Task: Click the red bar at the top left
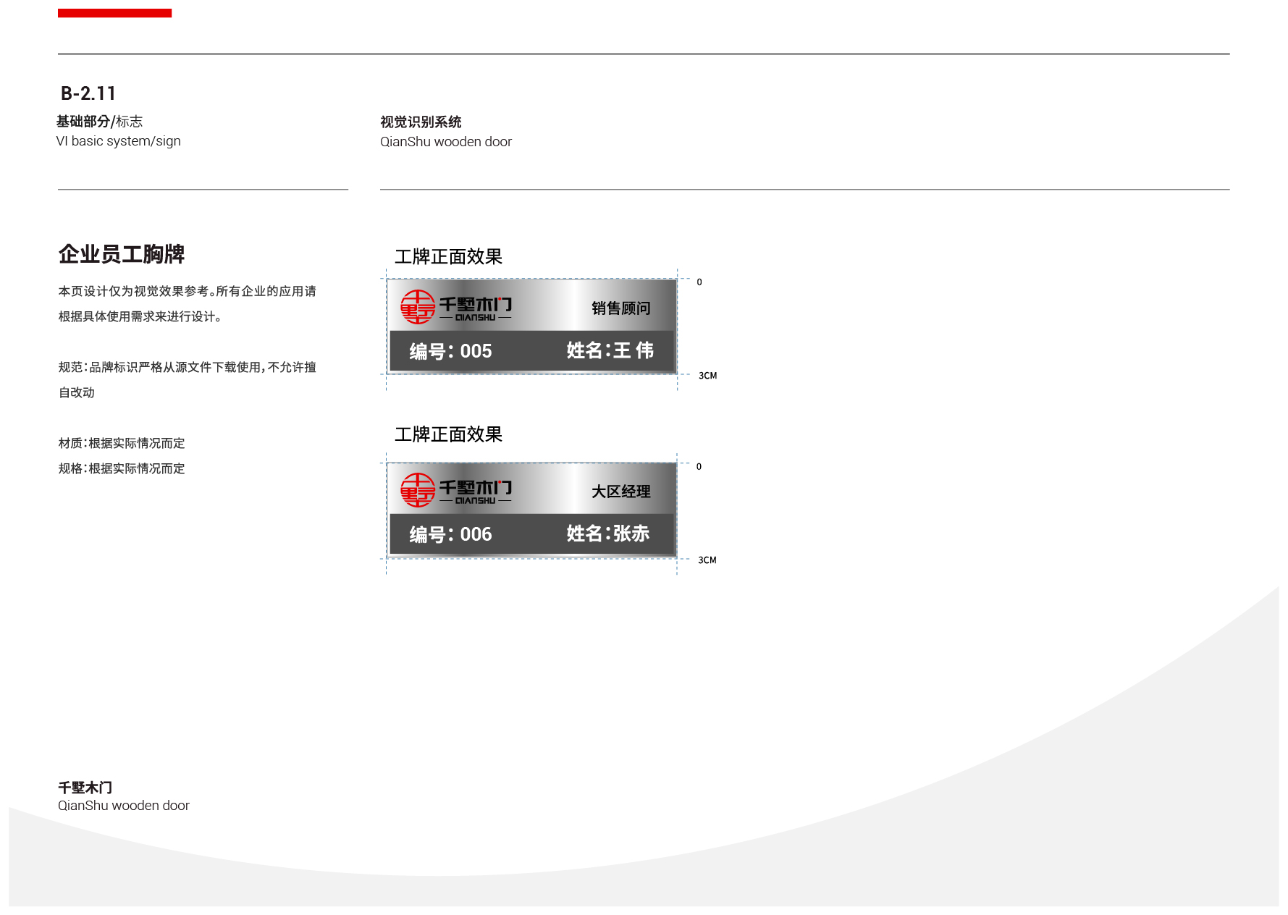pyautogui.click(x=114, y=13)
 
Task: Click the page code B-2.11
pyautogui.click(x=88, y=93)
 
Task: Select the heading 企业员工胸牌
pyautogui.click(x=122, y=254)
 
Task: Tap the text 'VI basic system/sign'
pyautogui.click(x=119, y=141)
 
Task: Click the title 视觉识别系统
pyautogui.click(x=421, y=122)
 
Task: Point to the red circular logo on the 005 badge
pyautogui.click(x=418, y=307)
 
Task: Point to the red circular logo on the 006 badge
pyautogui.click(x=418, y=490)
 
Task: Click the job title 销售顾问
pyautogui.click(x=620, y=308)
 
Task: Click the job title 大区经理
pyautogui.click(x=620, y=492)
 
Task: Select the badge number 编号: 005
pyautogui.click(x=450, y=351)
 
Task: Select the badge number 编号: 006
pyautogui.click(x=450, y=534)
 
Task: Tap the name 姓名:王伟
pyautogui.click(x=610, y=350)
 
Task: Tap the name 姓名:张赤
pyautogui.click(x=608, y=534)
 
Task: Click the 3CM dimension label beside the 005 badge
pyautogui.click(x=707, y=376)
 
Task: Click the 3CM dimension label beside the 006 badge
pyautogui.click(x=707, y=560)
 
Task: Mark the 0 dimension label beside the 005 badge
pyautogui.click(x=699, y=282)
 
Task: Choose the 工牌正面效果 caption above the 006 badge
pyautogui.click(x=448, y=434)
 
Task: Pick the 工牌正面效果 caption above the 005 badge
pyautogui.click(x=448, y=257)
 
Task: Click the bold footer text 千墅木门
pyautogui.click(x=85, y=788)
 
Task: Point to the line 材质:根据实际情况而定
pyautogui.click(x=122, y=443)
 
